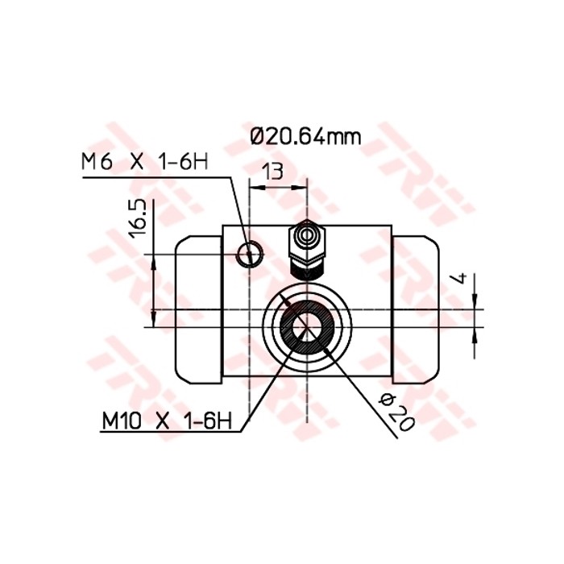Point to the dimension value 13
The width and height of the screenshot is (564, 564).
pos(274,170)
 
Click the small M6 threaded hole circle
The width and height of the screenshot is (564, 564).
pos(249,255)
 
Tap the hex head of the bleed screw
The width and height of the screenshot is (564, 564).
pos(307,237)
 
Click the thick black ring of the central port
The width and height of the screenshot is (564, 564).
pos(288,331)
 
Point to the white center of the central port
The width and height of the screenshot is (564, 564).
pos(305,326)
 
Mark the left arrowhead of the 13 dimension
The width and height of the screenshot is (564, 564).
pos(254,186)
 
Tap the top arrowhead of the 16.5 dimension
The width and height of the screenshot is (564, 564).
pos(153,260)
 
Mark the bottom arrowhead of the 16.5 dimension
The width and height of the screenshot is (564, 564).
pos(153,321)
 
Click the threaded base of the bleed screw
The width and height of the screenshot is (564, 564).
pos(307,269)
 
